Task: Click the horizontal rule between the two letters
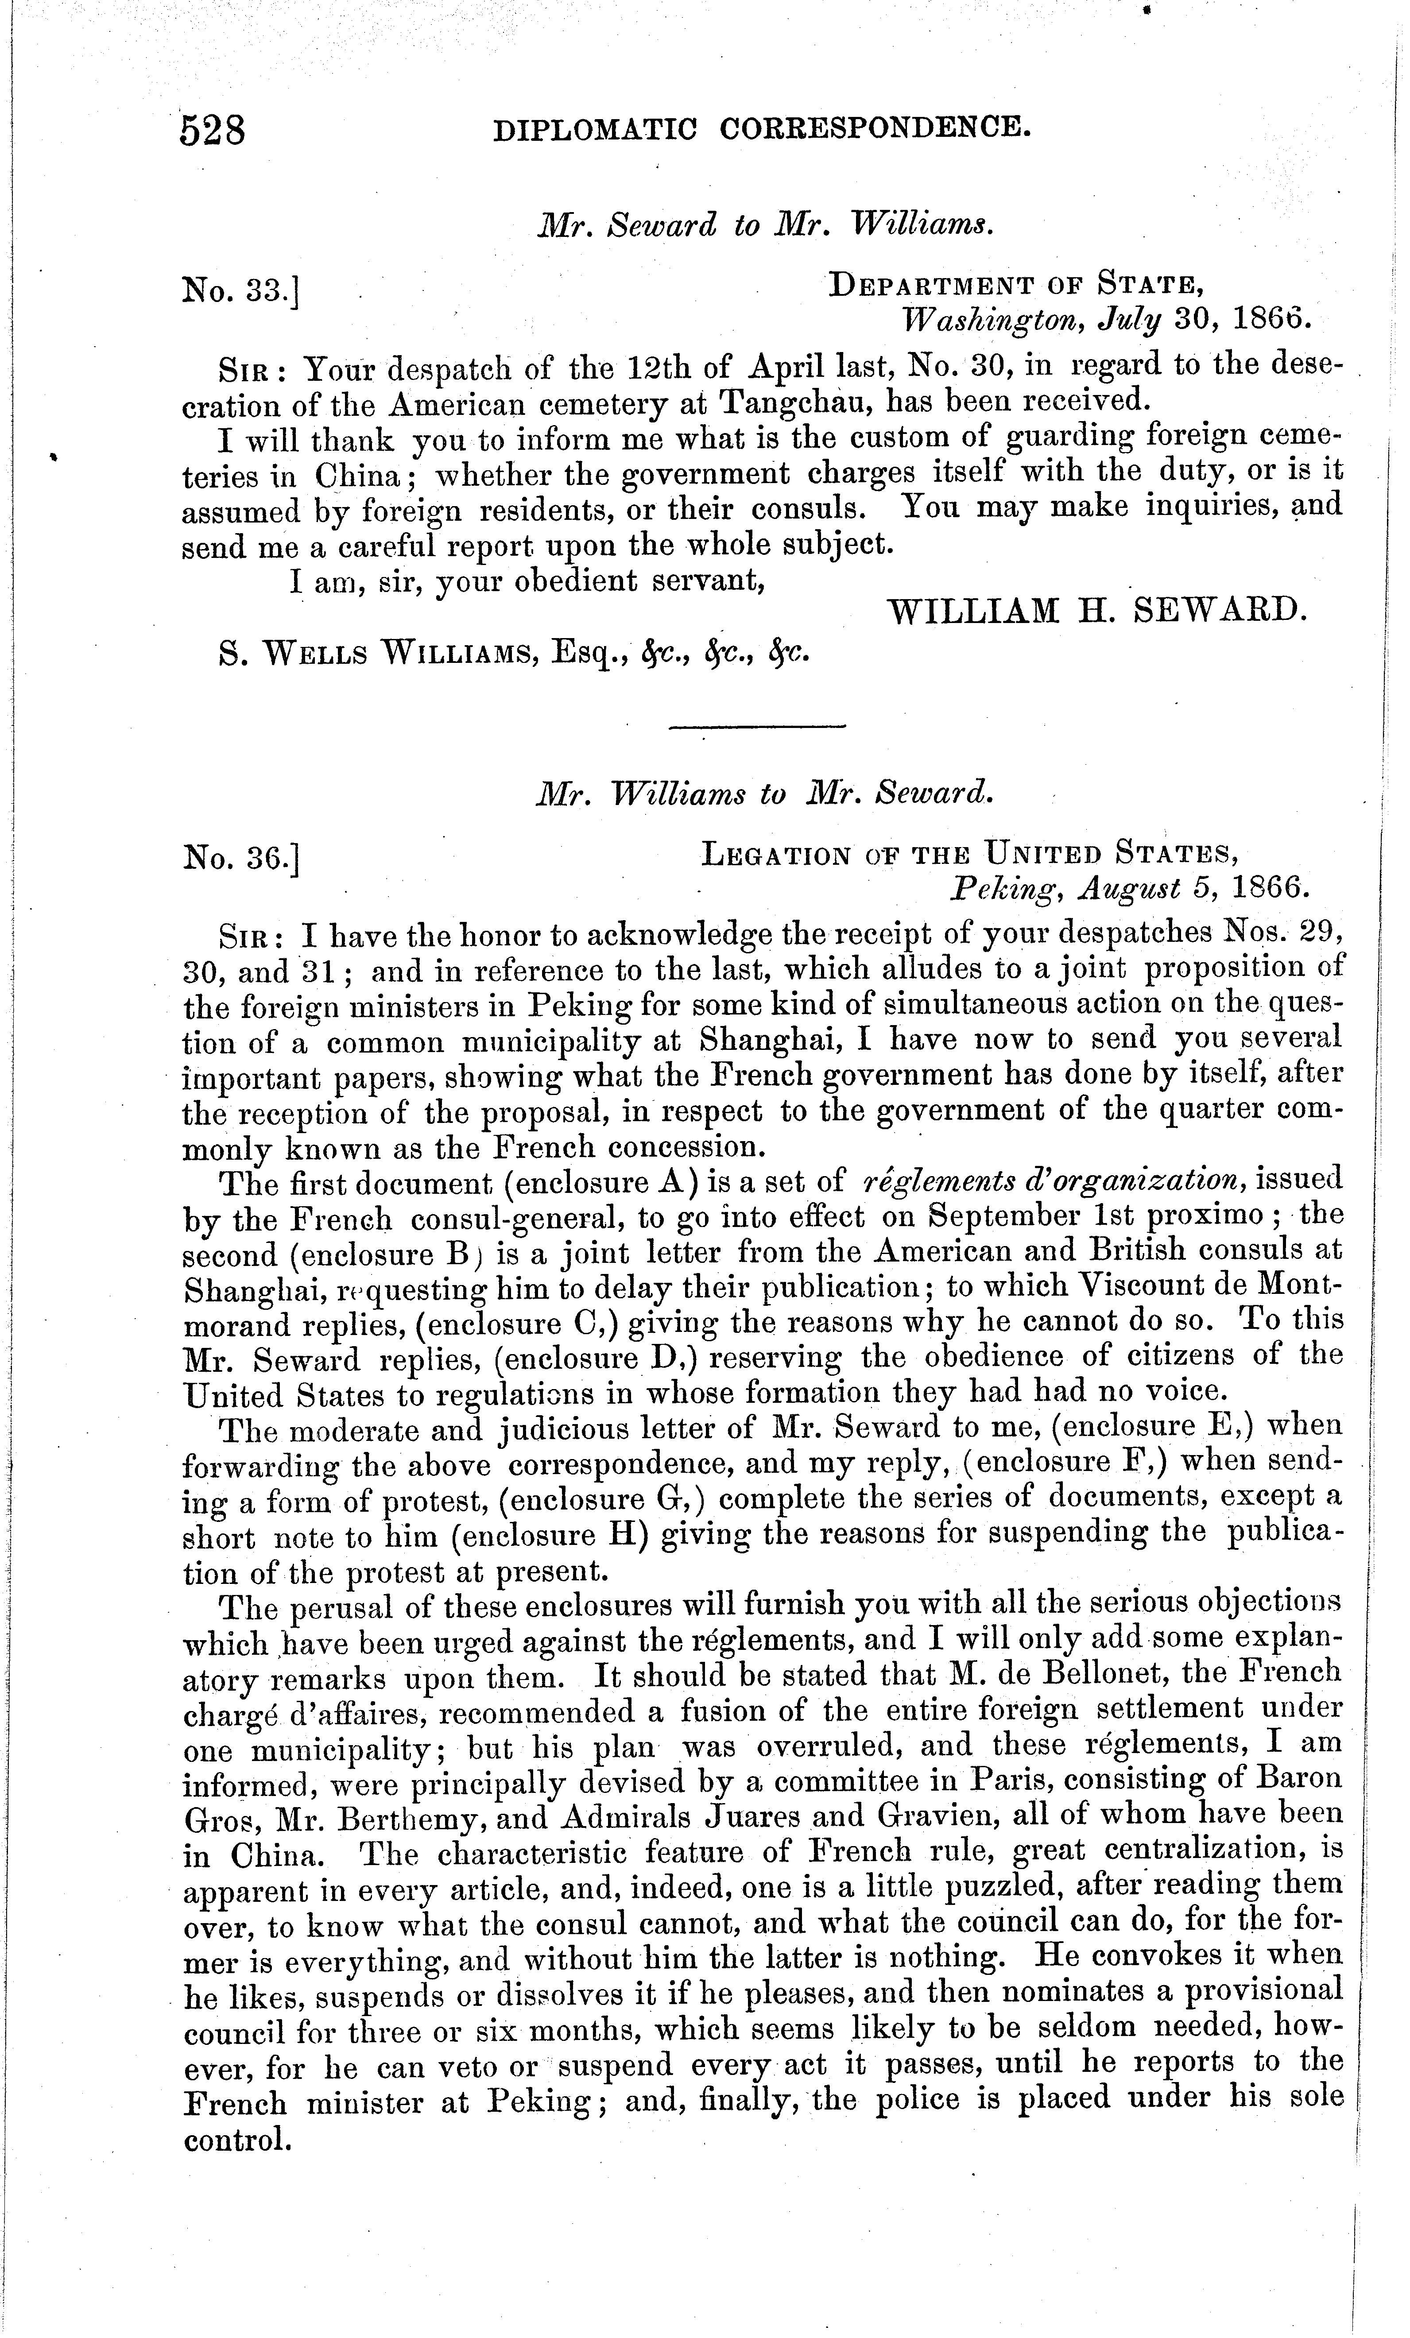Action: (756, 728)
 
